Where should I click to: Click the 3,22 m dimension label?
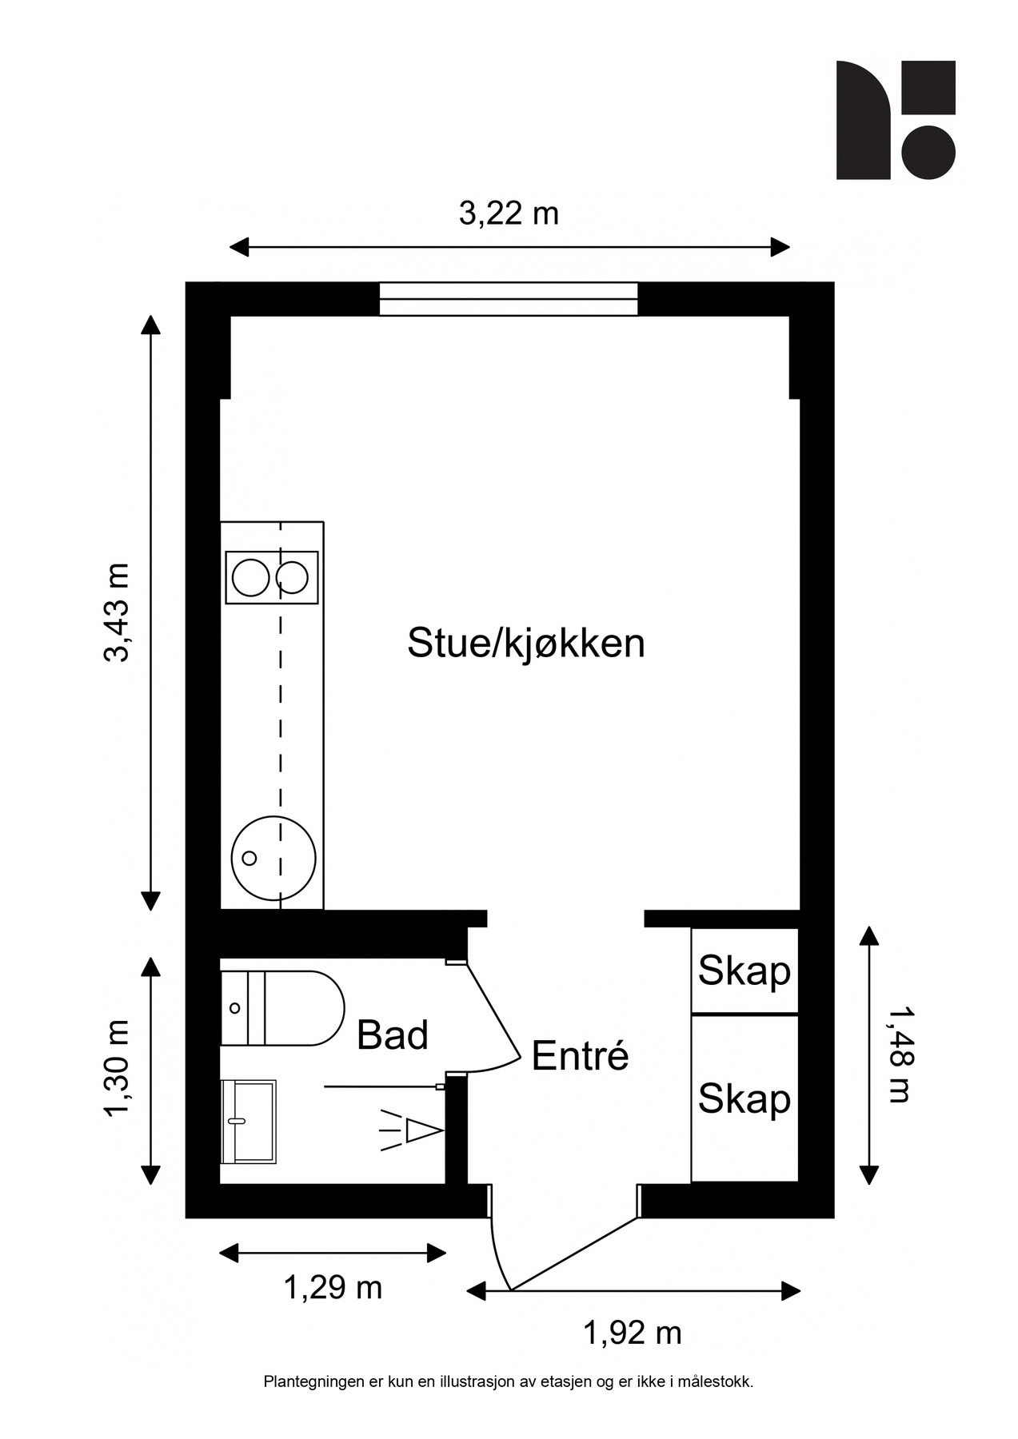[509, 213]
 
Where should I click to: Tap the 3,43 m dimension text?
[117, 613]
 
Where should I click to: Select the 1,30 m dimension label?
[117, 1070]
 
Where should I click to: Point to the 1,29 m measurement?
[333, 1287]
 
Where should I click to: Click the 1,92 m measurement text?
[633, 1333]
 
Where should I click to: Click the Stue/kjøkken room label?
[525, 644]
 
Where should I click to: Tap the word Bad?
[392, 1035]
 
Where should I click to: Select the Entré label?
[580, 1056]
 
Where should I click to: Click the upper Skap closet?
[744, 971]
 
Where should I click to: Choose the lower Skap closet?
[744, 1098]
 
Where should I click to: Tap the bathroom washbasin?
[248, 1122]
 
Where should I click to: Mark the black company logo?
[896, 120]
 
